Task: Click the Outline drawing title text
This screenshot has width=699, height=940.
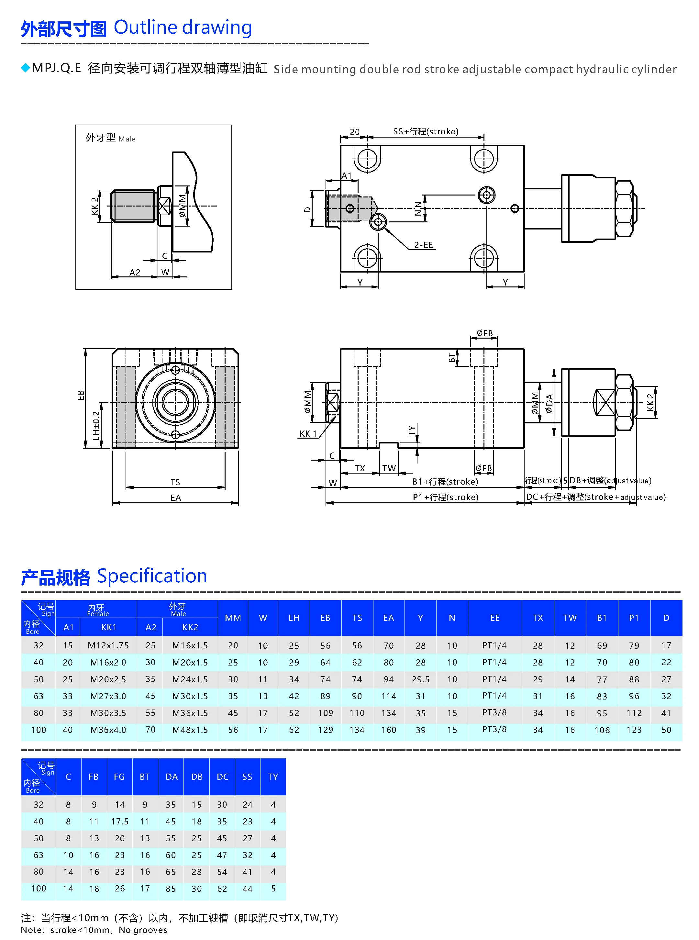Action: pyautogui.click(x=183, y=28)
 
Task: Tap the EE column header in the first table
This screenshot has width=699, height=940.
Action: pyautogui.click(x=494, y=618)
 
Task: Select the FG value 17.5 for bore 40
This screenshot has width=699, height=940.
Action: pyautogui.click(x=120, y=822)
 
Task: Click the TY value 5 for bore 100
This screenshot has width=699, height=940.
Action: pyautogui.click(x=273, y=888)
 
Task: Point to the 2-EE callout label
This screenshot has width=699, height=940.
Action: pyautogui.click(x=423, y=245)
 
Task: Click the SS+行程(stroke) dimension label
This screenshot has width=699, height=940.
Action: pyautogui.click(x=425, y=132)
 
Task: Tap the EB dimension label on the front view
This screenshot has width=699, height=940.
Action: pyautogui.click(x=80, y=395)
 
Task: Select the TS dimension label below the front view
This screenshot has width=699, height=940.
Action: pyautogui.click(x=175, y=482)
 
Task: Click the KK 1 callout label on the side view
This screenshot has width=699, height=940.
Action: pyautogui.click(x=308, y=434)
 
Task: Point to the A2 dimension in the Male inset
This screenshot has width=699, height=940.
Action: pyautogui.click(x=135, y=272)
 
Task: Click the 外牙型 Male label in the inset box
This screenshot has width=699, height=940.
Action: pyautogui.click(x=110, y=138)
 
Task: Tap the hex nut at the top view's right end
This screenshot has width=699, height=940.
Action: pyautogui.click(x=625, y=208)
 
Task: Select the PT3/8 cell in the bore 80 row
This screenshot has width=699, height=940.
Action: pyautogui.click(x=494, y=713)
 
